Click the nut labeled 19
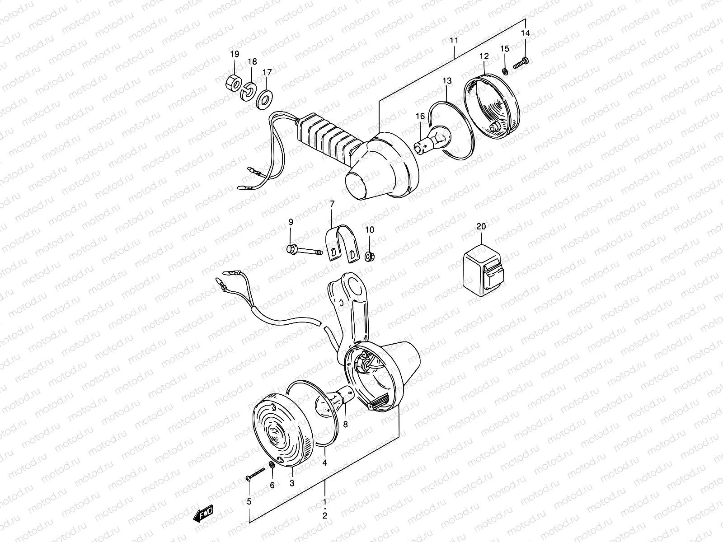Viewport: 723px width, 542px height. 233,84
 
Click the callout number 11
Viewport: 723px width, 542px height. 454,41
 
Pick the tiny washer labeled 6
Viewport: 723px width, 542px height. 271,465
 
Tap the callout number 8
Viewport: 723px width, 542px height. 346,425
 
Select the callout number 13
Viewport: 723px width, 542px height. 447,81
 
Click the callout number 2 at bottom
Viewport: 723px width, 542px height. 325,515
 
